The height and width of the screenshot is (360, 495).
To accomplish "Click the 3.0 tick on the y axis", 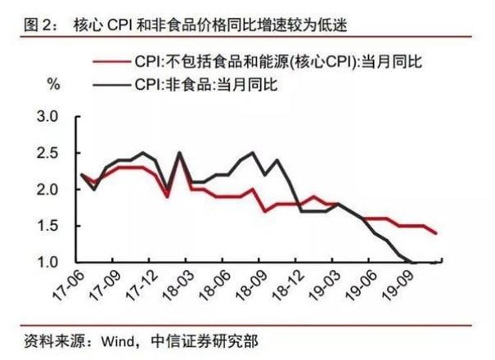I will point(50,117).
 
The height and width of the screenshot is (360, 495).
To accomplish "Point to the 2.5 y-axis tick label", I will point(50,153).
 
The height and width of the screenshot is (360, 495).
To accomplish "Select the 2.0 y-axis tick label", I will point(50,190).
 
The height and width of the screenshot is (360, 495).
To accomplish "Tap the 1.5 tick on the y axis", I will point(50,226).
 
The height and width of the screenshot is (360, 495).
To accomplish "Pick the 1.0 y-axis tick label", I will point(50,262).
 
